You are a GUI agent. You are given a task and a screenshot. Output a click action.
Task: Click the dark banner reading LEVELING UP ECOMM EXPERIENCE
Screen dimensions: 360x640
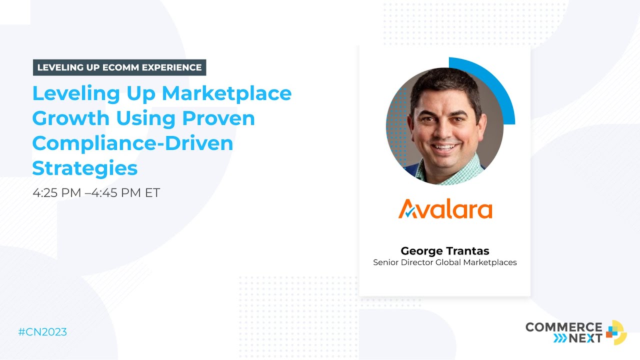point(119,67)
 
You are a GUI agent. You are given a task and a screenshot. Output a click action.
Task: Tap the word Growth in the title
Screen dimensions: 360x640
point(70,118)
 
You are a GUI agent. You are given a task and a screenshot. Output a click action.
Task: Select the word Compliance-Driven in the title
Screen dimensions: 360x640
point(132,143)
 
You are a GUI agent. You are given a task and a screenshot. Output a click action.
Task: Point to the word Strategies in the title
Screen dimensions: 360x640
point(84,168)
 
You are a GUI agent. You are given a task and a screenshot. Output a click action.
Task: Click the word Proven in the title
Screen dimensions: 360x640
point(218,118)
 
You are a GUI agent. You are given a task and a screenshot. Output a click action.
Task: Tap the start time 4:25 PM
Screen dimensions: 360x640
point(56,193)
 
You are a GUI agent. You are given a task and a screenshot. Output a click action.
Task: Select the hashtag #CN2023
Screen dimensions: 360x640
point(42,332)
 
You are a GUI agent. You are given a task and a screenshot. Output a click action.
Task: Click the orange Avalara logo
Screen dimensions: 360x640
point(445,209)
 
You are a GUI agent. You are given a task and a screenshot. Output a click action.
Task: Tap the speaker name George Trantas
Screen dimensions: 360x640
point(444,251)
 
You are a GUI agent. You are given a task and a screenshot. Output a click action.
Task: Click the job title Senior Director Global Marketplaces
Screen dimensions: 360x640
point(444,262)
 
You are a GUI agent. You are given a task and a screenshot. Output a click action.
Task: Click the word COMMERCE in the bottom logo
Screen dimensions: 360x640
point(563,327)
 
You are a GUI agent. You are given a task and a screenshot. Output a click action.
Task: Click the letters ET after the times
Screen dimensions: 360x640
point(152,193)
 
